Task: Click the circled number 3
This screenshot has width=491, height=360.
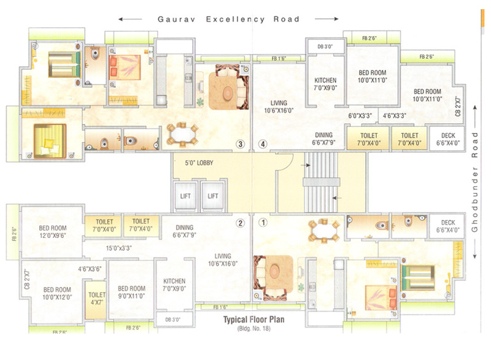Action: pyautogui.click(x=241, y=145)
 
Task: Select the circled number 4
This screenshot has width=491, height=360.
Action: pyautogui.click(x=263, y=145)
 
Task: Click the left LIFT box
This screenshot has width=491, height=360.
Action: pyautogui.click(x=185, y=196)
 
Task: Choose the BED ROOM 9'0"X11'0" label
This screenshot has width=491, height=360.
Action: pyautogui.click(x=131, y=292)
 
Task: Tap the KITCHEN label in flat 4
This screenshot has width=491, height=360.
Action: pyautogui.click(x=325, y=84)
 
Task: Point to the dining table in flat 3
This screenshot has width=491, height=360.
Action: pyautogui.click(x=182, y=134)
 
